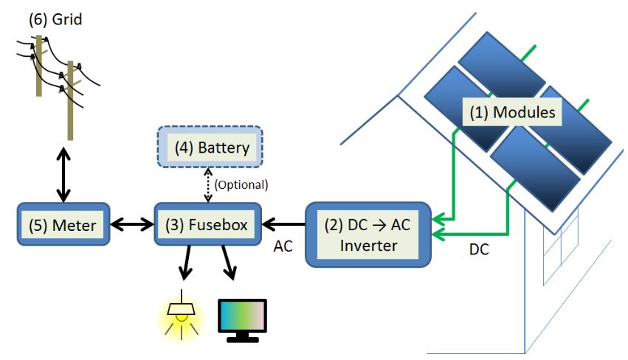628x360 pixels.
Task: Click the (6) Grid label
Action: tap(55, 18)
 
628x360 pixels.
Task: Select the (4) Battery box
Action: tap(212, 147)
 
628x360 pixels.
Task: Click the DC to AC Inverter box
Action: tap(368, 235)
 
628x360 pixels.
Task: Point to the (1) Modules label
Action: tap(512, 114)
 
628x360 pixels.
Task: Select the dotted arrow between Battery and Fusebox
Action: tap(208, 184)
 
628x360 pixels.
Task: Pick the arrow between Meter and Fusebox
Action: tap(131, 224)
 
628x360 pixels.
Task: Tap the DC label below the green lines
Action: tap(479, 250)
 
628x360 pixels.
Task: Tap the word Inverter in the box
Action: tap(368, 245)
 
